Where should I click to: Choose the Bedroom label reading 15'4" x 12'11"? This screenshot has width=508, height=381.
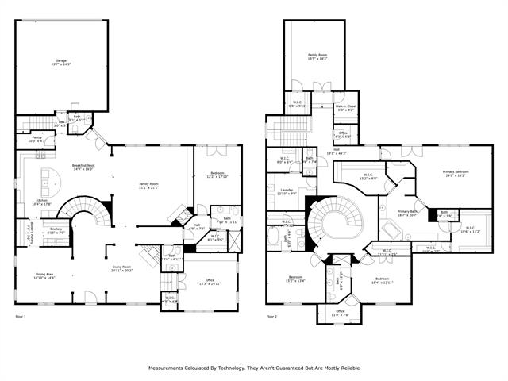tap(383, 280)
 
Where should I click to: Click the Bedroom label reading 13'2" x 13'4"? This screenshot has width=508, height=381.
tap(295, 278)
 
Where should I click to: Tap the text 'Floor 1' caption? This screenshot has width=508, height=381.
tap(21, 317)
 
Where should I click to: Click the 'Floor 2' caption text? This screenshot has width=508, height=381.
tap(271, 317)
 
